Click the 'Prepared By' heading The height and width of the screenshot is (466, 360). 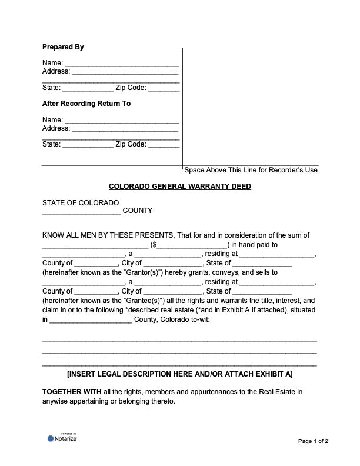pos(63,47)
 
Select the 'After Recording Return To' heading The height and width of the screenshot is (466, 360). pos(86,104)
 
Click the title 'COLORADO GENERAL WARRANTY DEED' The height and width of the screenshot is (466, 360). pos(180,187)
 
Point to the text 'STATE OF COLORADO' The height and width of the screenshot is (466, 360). pos(81,203)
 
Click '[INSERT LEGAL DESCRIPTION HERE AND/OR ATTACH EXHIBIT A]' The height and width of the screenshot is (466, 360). pos(180,374)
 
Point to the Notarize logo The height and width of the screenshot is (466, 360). pos(62,438)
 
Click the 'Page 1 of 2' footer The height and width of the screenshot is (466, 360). pos(313,441)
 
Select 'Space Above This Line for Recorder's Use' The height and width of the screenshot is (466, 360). pos(251,170)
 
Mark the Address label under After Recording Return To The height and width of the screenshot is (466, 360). pos(56,128)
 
